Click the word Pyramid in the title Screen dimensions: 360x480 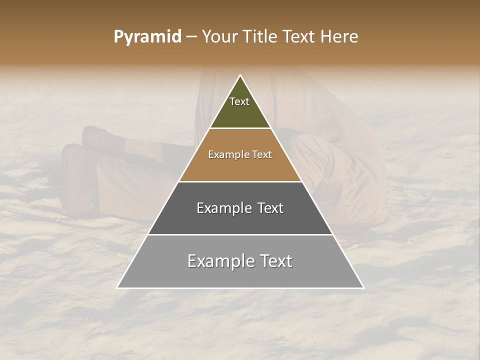tap(147, 37)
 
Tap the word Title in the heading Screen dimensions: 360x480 tap(263, 37)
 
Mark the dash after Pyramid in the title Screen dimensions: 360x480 tap(191, 37)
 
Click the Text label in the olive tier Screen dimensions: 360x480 tap(239, 101)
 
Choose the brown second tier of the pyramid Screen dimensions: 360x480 tap(240, 167)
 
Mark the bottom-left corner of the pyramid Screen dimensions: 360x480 tap(117, 288)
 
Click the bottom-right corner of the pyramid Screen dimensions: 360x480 tap(363, 288)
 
